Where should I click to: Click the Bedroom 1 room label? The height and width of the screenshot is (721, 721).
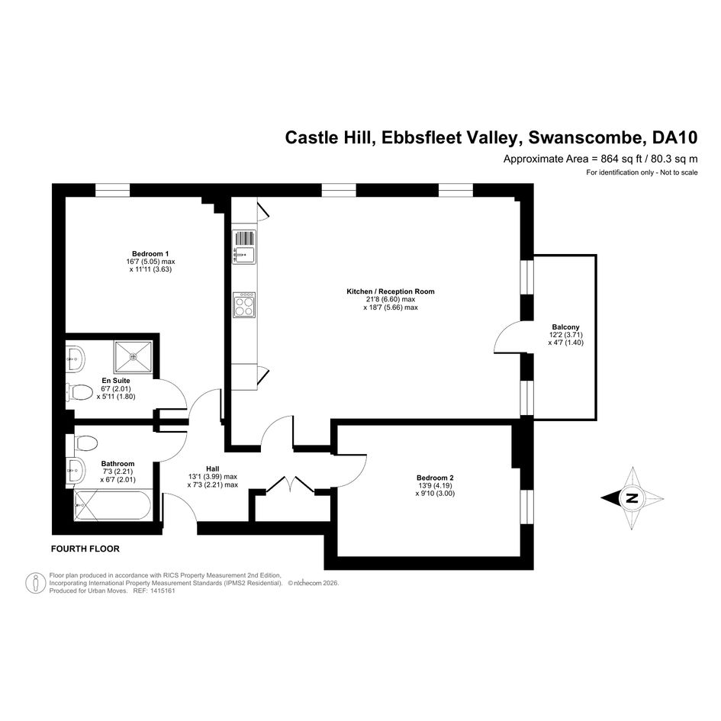coord(150,254)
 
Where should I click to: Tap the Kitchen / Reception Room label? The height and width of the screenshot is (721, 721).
coord(391,291)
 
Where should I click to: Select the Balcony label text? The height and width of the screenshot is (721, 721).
coord(565,327)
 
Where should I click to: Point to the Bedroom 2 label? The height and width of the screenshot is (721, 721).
coord(435,478)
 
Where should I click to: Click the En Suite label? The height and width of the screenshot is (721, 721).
coord(116,381)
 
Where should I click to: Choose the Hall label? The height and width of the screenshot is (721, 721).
coord(212,469)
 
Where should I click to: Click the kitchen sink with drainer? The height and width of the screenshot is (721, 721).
coord(244,247)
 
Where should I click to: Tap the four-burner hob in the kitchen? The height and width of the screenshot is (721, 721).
coord(244,305)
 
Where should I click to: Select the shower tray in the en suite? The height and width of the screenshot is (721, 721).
coord(133,357)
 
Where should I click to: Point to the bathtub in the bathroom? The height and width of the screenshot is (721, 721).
coord(113,505)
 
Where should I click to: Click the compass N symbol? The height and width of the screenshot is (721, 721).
coord(632,498)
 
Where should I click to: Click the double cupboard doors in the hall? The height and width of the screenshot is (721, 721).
coord(291,485)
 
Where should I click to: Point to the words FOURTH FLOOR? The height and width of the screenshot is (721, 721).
coord(85,549)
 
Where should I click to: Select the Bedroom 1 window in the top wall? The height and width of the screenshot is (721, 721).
coord(113,190)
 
